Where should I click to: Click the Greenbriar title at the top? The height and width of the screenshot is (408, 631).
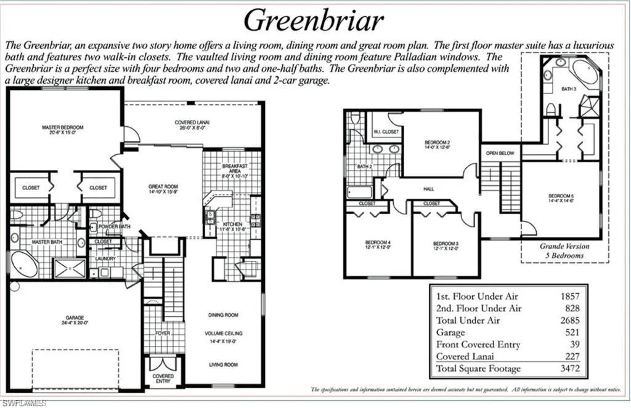click(314, 20)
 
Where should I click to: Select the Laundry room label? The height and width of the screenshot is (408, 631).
click(105, 258)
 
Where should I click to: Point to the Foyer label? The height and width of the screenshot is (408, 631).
click(163, 333)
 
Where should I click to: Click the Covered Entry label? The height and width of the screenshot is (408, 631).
click(163, 378)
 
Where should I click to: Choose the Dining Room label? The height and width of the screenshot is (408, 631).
click(223, 315)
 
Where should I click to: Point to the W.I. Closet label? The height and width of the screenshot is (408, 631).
click(386, 132)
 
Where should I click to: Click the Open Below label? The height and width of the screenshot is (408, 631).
click(500, 153)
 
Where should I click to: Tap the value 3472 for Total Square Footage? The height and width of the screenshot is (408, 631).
click(569, 369)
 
